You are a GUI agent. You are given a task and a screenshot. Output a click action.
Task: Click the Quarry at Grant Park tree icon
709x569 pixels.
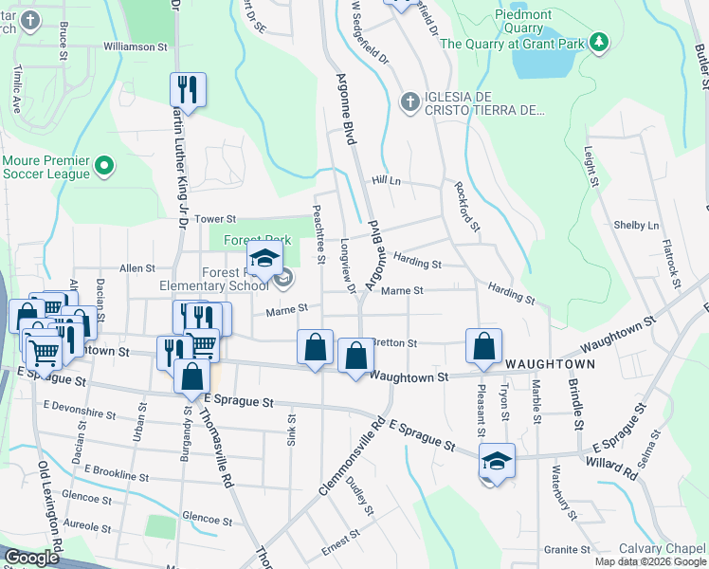pyautogui.click(x=598, y=43)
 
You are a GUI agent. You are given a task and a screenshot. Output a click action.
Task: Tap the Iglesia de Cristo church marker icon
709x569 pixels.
pyautogui.click(x=409, y=101)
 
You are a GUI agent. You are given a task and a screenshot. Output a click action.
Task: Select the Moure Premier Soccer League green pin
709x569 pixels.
pyautogui.click(x=105, y=168)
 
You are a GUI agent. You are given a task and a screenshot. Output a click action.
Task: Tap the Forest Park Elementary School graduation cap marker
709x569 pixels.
pyautogui.click(x=265, y=258)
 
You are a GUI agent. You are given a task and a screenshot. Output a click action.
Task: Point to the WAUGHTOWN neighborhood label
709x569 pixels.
pyautogui.click(x=550, y=364)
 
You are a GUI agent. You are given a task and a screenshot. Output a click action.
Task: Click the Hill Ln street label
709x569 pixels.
pyautogui.click(x=387, y=180)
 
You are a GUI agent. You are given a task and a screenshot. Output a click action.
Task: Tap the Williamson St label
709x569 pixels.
pyautogui.click(x=135, y=46)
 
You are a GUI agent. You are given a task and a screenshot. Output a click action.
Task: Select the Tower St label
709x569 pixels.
pyautogui.click(x=214, y=219)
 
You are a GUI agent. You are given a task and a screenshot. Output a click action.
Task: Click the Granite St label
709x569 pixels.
pyautogui.click(x=568, y=550)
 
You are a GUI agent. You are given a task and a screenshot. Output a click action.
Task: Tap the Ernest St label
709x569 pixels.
pyautogui.click(x=339, y=545)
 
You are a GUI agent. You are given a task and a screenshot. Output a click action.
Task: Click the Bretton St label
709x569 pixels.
pyautogui.click(x=395, y=342)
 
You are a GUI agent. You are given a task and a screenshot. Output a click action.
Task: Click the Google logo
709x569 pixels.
pyautogui.click(x=31, y=558)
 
